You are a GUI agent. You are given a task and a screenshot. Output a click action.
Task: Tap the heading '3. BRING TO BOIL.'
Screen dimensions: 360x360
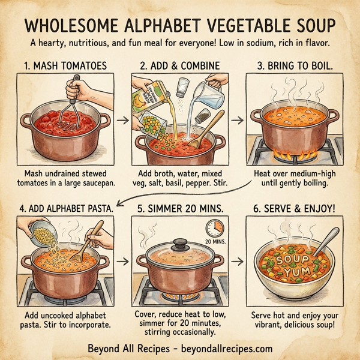[296, 64]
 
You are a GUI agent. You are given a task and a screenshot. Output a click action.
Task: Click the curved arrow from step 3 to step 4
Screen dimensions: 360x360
[180, 191]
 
